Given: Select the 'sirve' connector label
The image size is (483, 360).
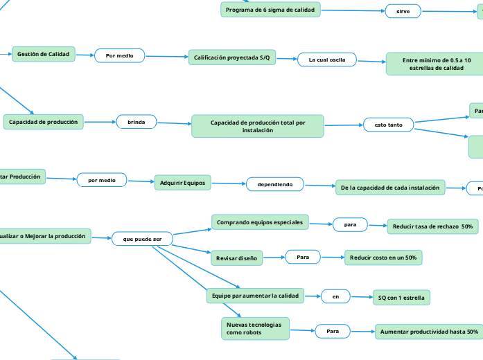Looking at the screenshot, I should tap(403, 12).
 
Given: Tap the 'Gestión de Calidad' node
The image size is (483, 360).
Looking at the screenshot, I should tap(44, 54).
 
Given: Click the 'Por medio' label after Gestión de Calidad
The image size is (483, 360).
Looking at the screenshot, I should tap(119, 55).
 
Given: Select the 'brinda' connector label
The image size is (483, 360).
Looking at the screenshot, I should tap(137, 123).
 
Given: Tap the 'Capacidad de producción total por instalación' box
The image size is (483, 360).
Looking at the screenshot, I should tap(258, 126).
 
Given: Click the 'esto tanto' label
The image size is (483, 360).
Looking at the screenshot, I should tap(388, 125).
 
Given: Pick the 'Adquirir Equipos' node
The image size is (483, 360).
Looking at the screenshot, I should tap(182, 183).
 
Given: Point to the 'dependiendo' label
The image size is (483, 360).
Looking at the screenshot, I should tap(275, 184).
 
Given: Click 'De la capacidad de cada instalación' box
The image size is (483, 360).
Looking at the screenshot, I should tap(390, 188).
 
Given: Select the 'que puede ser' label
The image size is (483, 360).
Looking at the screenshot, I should tap(142, 239).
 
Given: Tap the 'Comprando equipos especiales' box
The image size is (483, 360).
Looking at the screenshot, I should tap(260, 222).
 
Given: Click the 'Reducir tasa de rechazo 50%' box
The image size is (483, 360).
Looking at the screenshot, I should tap(432, 226).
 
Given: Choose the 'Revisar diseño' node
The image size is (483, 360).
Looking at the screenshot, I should tap(236, 258).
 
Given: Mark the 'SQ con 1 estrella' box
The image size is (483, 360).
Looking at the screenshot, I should tap(402, 298).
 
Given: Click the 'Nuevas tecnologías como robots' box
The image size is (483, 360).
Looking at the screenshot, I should tap(254, 328).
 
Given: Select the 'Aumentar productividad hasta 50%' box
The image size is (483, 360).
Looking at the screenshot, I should tap(429, 332).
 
